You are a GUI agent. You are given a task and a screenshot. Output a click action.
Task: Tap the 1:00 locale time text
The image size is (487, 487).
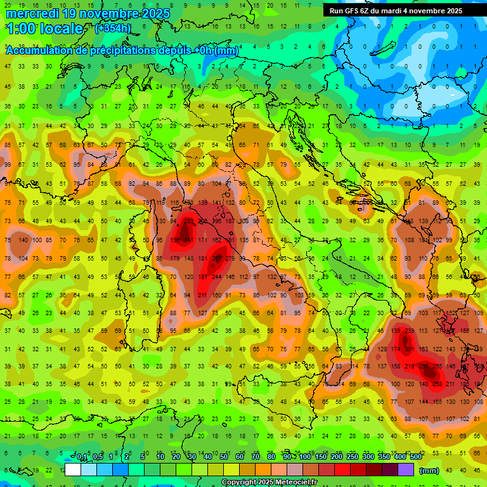44,29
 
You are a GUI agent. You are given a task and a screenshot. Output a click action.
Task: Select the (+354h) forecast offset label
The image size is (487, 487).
113,29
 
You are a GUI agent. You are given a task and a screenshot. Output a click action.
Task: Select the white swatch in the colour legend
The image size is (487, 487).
73,469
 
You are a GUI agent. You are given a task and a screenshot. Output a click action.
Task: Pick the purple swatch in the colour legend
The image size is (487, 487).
406,469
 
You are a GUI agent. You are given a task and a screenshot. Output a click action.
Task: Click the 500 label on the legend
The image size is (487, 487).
415,457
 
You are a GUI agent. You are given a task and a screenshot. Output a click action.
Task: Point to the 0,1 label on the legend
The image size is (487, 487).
82,457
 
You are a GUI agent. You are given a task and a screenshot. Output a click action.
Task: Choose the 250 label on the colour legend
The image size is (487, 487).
351,457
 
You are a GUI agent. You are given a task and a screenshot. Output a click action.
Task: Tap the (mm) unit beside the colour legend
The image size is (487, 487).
429,470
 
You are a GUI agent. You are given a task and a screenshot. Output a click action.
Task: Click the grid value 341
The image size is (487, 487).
188,240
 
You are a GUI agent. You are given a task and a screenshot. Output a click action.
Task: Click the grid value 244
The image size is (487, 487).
218,276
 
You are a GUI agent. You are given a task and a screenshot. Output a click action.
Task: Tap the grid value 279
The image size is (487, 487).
230,258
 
